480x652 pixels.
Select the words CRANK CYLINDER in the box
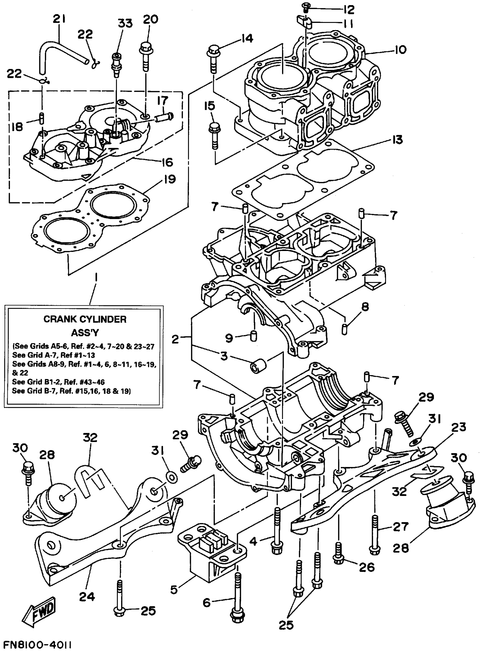[x=85, y=320]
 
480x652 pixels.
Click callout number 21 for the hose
[x=59, y=19]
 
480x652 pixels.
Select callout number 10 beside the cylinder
[x=400, y=50]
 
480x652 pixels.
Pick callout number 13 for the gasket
[x=397, y=140]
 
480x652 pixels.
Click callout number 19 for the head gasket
[x=169, y=179]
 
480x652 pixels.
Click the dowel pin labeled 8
[x=344, y=329]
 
